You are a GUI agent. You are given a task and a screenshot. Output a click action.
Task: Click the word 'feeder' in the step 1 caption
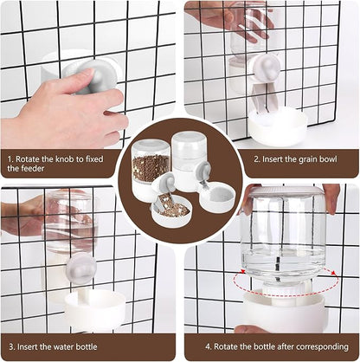(20, 169)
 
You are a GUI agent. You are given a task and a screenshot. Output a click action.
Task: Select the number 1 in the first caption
(8, 158)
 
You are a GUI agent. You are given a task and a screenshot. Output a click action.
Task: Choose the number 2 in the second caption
(257, 158)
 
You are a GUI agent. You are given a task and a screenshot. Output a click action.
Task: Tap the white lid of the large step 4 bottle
(285, 191)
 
